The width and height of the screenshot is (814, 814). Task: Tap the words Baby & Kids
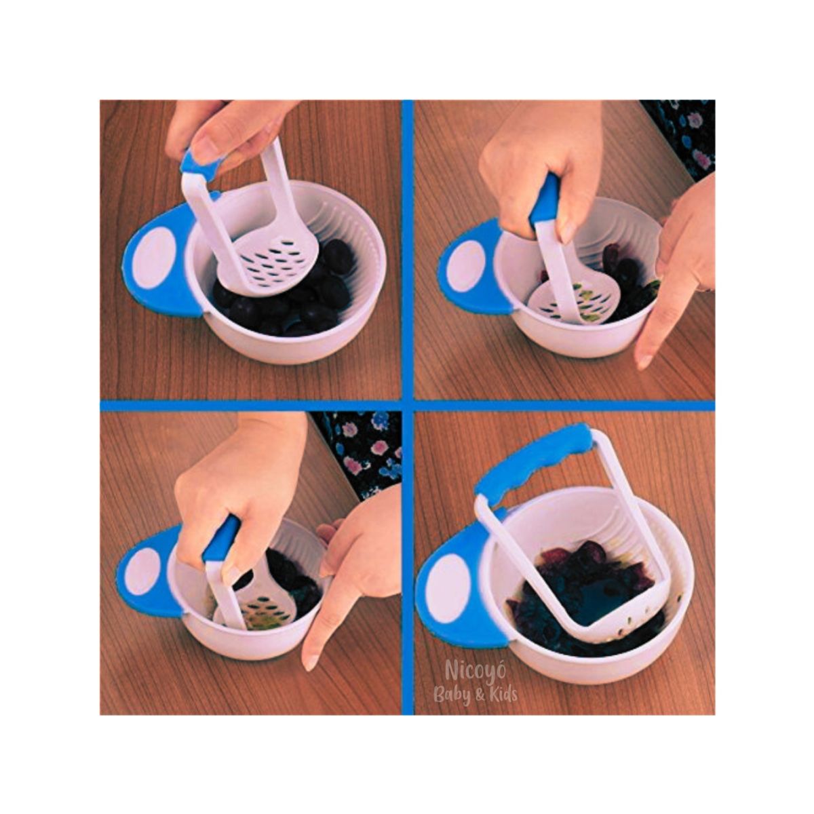tap(476, 694)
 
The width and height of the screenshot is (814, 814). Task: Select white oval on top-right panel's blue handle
tap(466, 266)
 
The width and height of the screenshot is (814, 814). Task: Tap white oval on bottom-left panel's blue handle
tap(144, 571)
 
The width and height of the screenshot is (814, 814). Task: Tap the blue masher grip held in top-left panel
tap(201, 165)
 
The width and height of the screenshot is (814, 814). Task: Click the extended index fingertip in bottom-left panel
tap(311, 661)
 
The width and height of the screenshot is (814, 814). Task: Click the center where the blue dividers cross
tap(407, 406)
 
